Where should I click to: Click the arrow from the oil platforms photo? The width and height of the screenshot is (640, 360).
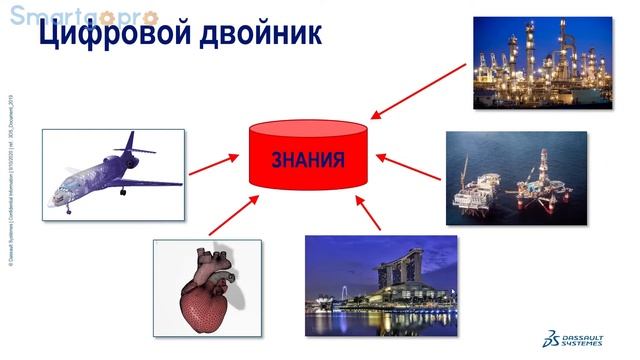(410, 167)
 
